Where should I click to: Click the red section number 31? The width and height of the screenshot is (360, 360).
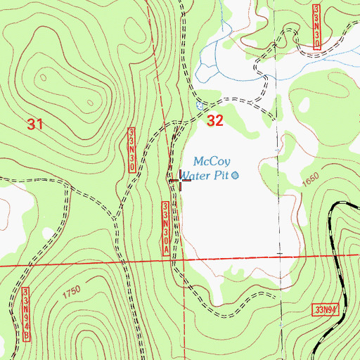pos(36,124)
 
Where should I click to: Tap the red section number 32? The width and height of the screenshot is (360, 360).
pos(215,121)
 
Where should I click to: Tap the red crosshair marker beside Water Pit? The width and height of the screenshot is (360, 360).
pos(180,180)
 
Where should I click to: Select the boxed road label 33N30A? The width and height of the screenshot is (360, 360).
pos(167,229)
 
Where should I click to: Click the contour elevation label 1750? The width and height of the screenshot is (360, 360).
pos(71,290)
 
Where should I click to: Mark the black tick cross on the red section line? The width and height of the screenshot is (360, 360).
pos(279,255)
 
